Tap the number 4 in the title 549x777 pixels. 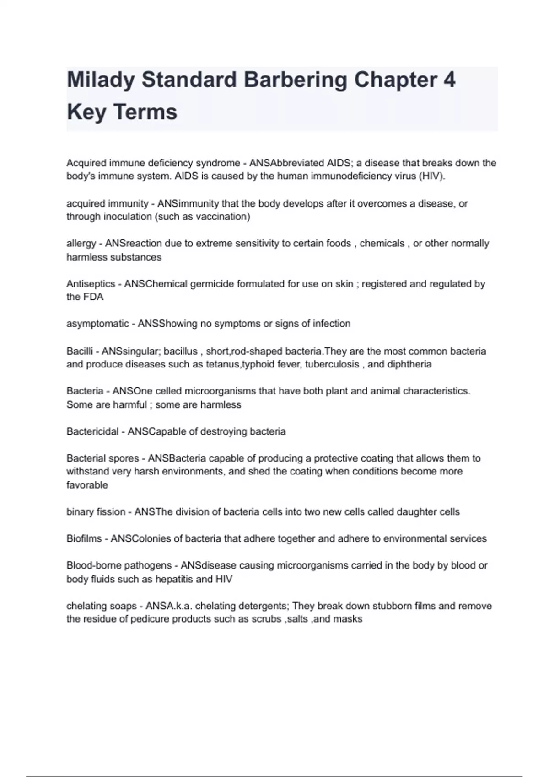449,80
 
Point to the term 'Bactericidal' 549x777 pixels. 92,431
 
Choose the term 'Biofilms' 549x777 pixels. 84,538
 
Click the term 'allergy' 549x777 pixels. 81,244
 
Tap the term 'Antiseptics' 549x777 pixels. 90,284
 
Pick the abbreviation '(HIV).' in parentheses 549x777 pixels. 431,176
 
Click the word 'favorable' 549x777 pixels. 87,485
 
